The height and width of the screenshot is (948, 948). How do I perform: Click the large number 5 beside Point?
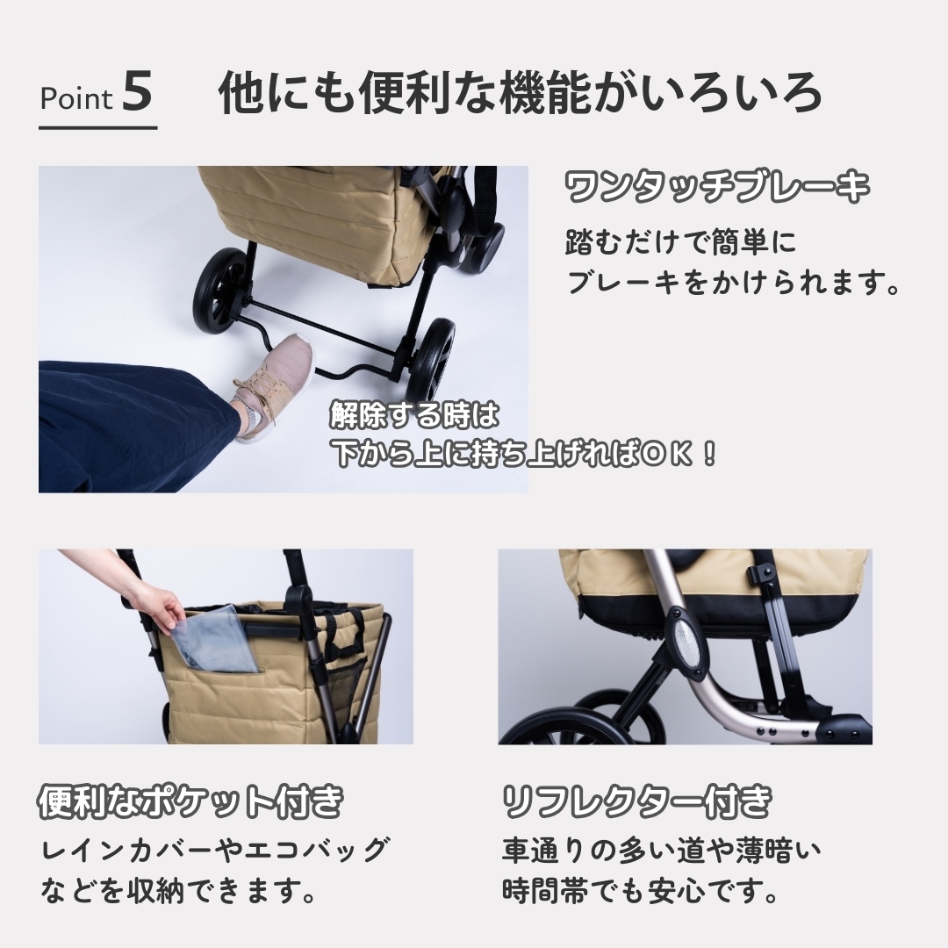(137, 91)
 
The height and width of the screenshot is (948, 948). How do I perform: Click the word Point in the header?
(76, 98)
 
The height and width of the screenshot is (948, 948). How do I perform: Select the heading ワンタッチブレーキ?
(717, 186)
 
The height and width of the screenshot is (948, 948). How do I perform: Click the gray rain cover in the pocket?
(217, 638)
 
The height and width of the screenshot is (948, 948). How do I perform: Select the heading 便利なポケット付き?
(191, 801)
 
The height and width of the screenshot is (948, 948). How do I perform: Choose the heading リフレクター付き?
(637, 801)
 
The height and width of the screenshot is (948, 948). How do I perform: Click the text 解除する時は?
(414, 414)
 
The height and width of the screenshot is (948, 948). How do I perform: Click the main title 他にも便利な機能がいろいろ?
(520, 92)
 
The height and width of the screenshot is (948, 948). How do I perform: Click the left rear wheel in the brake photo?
(221, 291)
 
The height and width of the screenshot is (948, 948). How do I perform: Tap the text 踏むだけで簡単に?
(681, 242)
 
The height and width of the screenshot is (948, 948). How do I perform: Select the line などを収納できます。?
(178, 891)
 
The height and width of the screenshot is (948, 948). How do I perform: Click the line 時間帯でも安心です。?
(640, 891)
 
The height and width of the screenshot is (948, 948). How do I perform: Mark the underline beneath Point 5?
(98, 127)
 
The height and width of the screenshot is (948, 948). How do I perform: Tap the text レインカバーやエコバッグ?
(216, 850)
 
